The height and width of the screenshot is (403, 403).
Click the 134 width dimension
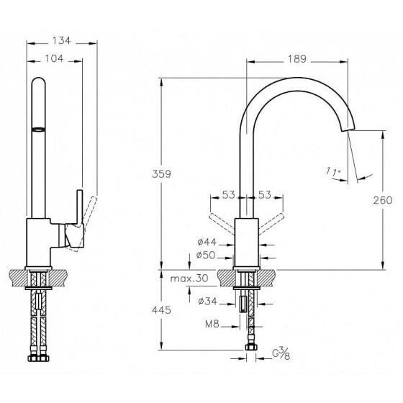point(61,40)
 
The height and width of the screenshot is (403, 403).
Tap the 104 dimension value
point(54,58)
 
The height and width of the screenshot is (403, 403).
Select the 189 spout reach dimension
point(297,59)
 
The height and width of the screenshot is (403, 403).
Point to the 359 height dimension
point(161,174)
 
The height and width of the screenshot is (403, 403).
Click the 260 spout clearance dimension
point(383,200)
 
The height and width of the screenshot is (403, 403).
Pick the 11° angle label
point(333,172)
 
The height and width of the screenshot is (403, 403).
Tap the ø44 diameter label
point(207,242)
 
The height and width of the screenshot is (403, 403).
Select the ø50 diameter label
point(206,255)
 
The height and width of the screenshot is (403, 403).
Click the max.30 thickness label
point(189,279)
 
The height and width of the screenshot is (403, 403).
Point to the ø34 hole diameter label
point(208,301)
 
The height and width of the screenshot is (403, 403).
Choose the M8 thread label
point(212,324)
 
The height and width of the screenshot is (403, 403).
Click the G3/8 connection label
point(281,354)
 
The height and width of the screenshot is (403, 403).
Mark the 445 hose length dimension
point(161,310)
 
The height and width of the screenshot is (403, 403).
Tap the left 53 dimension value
point(229,195)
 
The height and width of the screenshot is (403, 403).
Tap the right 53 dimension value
point(265,195)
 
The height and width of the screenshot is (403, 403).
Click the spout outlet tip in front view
point(348,129)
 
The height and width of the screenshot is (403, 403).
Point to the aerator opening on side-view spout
point(38,130)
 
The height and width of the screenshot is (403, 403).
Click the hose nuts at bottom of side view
point(38,358)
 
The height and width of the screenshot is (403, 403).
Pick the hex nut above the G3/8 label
point(250,347)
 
